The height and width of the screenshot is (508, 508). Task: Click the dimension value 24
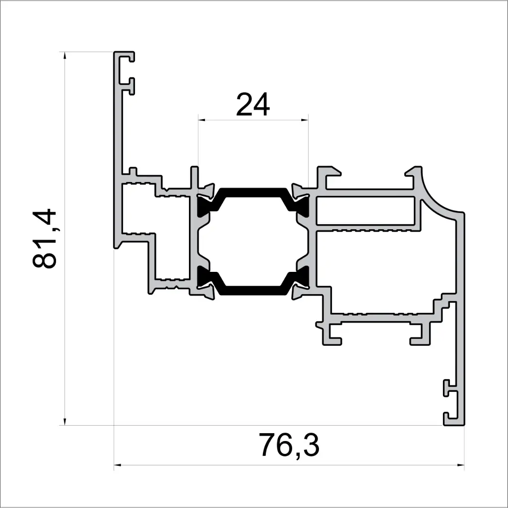[x=253, y=105]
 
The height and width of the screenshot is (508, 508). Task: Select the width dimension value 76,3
[x=289, y=445]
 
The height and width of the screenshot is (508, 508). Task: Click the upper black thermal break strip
[x=253, y=191]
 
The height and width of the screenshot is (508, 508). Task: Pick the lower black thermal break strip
[x=253, y=290]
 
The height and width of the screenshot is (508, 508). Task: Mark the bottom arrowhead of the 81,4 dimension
[x=64, y=421]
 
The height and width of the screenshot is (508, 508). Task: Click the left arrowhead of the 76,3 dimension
[x=118, y=465]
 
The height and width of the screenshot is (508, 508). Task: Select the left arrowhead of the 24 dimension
[x=201, y=119]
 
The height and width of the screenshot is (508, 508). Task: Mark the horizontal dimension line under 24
[x=253, y=119]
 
